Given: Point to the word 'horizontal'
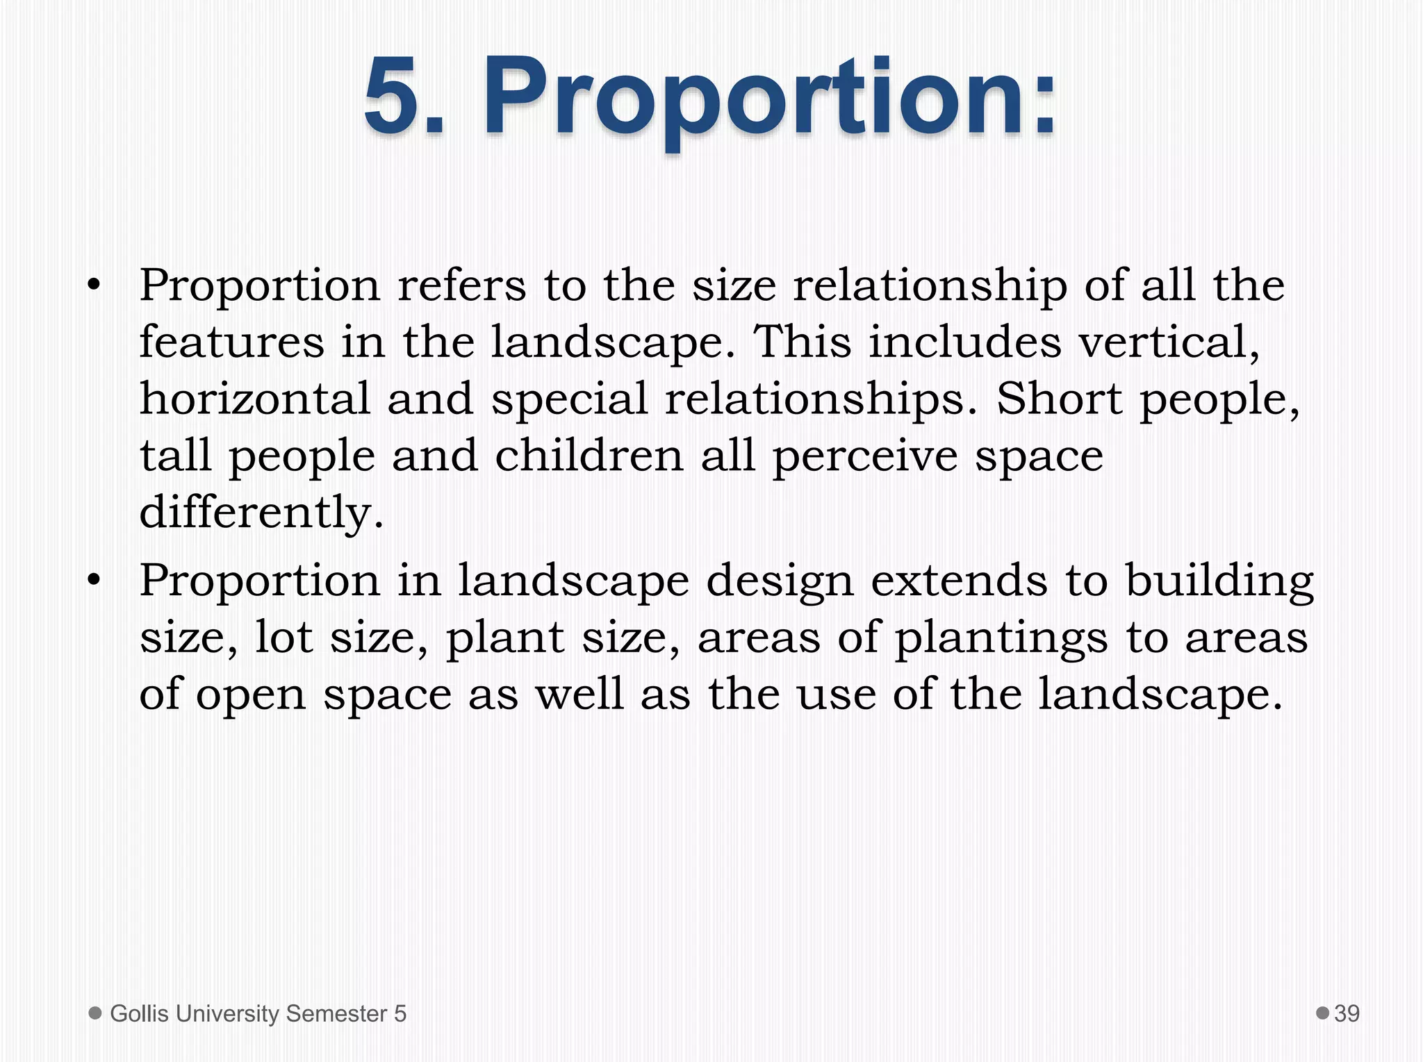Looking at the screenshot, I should tap(254, 399).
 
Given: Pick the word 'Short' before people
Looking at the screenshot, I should tap(1059, 399).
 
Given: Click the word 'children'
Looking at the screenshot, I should tap(589, 456).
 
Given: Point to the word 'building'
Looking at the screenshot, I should tap(1219, 581).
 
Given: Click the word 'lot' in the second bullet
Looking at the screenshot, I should tap(283, 638).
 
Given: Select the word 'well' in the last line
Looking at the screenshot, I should tap(579, 694).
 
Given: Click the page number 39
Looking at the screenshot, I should tap(1347, 1013).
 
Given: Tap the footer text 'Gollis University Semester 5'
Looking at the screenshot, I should tap(258, 1013).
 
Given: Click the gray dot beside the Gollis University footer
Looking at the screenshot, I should tap(95, 1013).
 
